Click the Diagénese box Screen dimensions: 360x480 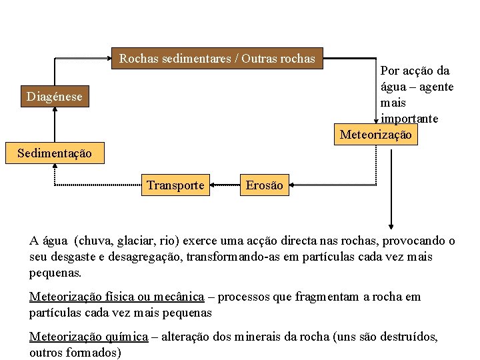pyautogui.click(x=55, y=97)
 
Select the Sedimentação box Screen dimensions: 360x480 pyautogui.click(x=55, y=153)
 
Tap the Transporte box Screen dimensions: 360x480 pyautogui.click(x=175, y=185)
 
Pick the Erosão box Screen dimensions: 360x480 pyautogui.click(x=264, y=185)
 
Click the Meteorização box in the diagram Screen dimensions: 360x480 pyautogui.click(x=376, y=135)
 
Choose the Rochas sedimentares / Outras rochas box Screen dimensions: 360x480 pyautogui.click(x=217, y=59)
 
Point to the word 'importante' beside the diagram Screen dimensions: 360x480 pyautogui.click(x=409, y=119)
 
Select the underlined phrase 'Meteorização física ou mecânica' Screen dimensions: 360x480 pyautogui.click(x=117, y=297)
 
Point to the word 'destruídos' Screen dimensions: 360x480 pyautogui.click(x=409, y=337)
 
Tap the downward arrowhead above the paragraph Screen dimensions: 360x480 pyautogui.click(x=391, y=225)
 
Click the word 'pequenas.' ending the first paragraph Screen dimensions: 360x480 pyautogui.click(x=55, y=273)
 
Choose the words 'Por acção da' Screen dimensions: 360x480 pyautogui.click(x=415, y=71)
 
